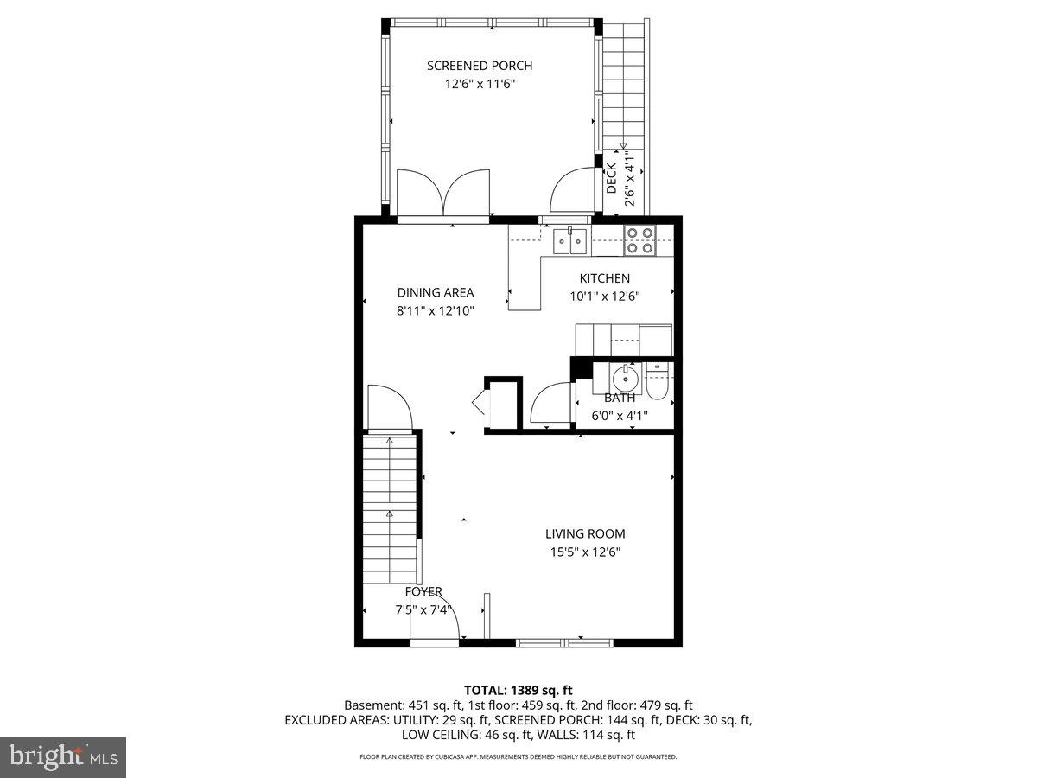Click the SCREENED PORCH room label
click(x=480, y=66)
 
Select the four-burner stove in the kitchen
click(x=640, y=239)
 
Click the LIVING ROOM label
click(x=585, y=534)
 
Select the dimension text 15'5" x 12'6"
click(x=585, y=552)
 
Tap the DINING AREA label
click(x=436, y=292)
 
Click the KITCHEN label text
click(x=604, y=278)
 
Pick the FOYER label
click(x=423, y=592)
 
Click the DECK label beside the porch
click(x=611, y=178)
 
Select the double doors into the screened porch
click(x=443, y=194)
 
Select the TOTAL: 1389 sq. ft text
click(x=518, y=690)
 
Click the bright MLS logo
click(x=63, y=757)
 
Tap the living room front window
click(x=564, y=642)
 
